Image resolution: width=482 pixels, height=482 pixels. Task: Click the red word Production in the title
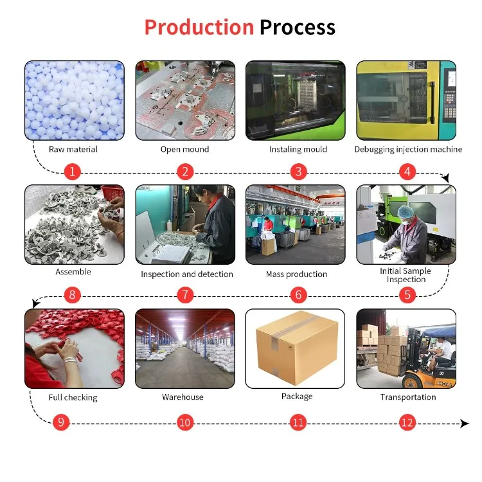pyautogui.click(x=199, y=28)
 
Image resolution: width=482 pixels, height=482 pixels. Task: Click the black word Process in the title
pyautogui.click(x=297, y=28)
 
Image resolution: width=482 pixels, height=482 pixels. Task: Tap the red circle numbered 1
pyautogui.click(x=73, y=172)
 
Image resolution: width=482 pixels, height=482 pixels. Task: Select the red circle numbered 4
pyautogui.click(x=407, y=172)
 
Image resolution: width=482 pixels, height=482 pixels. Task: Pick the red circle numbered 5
pyautogui.click(x=407, y=295)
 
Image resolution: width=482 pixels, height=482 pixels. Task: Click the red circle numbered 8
pyautogui.click(x=73, y=295)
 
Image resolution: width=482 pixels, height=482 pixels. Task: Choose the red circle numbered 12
pyautogui.click(x=407, y=422)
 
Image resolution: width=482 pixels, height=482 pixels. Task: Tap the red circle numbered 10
pyautogui.click(x=185, y=422)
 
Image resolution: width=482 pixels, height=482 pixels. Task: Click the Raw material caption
pyautogui.click(x=73, y=149)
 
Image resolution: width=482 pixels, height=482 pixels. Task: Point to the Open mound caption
pyautogui.click(x=184, y=149)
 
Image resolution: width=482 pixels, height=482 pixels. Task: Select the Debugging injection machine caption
pyautogui.click(x=408, y=149)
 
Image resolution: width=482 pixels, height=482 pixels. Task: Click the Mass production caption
pyautogui.click(x=296, y=274)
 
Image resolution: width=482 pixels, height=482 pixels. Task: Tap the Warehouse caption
pyautogui.click(x=183, y=397)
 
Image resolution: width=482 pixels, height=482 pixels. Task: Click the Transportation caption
pyautogui.click(x=407, y=397)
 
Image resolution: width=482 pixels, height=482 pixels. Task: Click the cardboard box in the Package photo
pyautogui.click(x=296, y=348)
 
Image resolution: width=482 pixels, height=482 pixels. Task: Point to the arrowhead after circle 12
pyautogui.click(x=465, y=424)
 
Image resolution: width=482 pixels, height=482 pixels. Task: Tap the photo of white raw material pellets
pyautogui.click(x=74, y=100)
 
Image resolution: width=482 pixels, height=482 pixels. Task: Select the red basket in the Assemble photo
pyautogui.click(x=113, y=193)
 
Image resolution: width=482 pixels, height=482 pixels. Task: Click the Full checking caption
pyautogui.click(x=73, y=397)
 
